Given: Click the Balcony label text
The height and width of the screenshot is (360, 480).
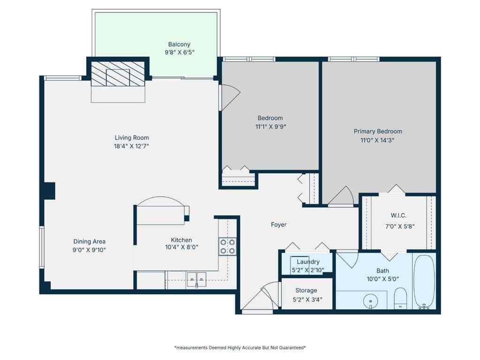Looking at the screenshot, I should (x=179, y=45).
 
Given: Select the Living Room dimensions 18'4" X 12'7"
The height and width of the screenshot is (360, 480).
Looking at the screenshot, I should (x=132, y=146).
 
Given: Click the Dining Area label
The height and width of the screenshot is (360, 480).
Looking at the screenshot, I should (x=89, y=241).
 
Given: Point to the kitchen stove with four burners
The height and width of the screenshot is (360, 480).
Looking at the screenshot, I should (x=228, y=246).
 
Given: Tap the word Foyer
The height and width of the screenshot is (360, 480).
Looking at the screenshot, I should (x=279, y=225).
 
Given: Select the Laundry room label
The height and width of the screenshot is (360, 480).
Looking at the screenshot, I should (x=308, y=262).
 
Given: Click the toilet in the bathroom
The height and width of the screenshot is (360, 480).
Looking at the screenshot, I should (x=400, y=298).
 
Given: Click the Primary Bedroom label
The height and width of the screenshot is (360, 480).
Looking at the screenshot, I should (x=378, y=131).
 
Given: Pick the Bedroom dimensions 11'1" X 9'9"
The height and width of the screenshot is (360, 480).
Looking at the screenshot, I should (x=270, y=126).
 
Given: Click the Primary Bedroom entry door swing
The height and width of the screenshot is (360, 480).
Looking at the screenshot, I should (x=342, y=197).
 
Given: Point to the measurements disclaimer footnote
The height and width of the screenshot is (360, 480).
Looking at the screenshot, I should (x=240, y=348).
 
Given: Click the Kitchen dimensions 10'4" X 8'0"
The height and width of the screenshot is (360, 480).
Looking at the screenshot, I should (x=181, y=248).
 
